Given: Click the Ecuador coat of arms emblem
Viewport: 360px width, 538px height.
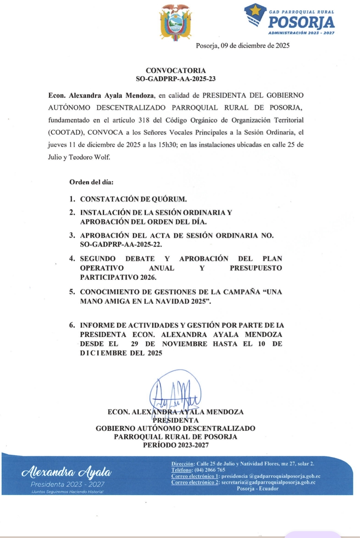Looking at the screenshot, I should pos(175,22).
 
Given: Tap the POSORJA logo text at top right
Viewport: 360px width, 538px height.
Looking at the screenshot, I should pos(301,23).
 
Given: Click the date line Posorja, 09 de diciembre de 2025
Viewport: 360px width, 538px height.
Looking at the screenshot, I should pos(242,46).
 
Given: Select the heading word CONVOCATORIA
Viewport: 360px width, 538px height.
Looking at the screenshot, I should pos(176,70).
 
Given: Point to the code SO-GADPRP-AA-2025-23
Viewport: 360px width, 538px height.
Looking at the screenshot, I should pos(176,79).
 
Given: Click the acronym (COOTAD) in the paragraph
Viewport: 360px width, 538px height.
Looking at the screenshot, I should pos(66,132).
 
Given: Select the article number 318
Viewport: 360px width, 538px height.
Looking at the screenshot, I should pos(144,120).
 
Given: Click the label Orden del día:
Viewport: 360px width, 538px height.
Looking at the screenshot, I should pos(91,182).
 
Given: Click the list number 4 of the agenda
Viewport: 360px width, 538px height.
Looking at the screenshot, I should pos(72,258).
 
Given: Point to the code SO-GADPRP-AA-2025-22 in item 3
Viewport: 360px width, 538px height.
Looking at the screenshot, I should pos(120,245).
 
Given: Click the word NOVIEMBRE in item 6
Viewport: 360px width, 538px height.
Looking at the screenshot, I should pos(185,344).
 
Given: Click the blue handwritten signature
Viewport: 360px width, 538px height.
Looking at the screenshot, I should pos(175,393).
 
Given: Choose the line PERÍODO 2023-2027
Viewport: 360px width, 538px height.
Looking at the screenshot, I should pos(176,445).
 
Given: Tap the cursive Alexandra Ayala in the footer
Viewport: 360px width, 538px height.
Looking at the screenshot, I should pos(66,472).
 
